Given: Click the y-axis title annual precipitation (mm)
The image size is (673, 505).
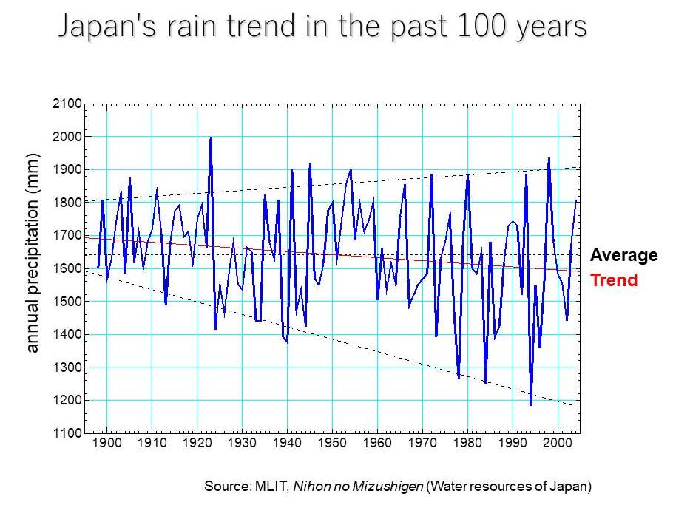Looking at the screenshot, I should pos(33,253).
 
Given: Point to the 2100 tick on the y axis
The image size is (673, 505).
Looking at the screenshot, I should pos(67,104).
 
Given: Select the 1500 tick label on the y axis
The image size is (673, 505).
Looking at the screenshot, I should pos(67,302).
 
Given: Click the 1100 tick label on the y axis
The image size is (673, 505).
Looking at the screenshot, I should pos(67,433).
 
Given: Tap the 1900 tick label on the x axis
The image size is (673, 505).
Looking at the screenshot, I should pos(107,444).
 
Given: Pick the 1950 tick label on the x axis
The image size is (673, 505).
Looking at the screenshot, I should pos(332,444).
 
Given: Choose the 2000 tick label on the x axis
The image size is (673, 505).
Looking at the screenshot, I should pos(557,444).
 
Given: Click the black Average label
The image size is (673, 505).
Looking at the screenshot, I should pos(623,256).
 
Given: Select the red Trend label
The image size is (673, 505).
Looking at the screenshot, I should pos(613,280).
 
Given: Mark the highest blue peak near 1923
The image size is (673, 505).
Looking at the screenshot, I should pos(211,138).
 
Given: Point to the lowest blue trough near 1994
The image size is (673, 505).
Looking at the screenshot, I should pos(530,404).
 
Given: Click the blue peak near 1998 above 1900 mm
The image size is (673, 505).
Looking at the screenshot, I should pos(549,158).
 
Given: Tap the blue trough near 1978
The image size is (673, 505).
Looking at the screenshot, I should pos(459,378).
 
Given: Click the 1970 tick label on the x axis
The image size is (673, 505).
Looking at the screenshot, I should pos(422,444).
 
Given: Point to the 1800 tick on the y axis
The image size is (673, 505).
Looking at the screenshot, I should pos(67,203).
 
